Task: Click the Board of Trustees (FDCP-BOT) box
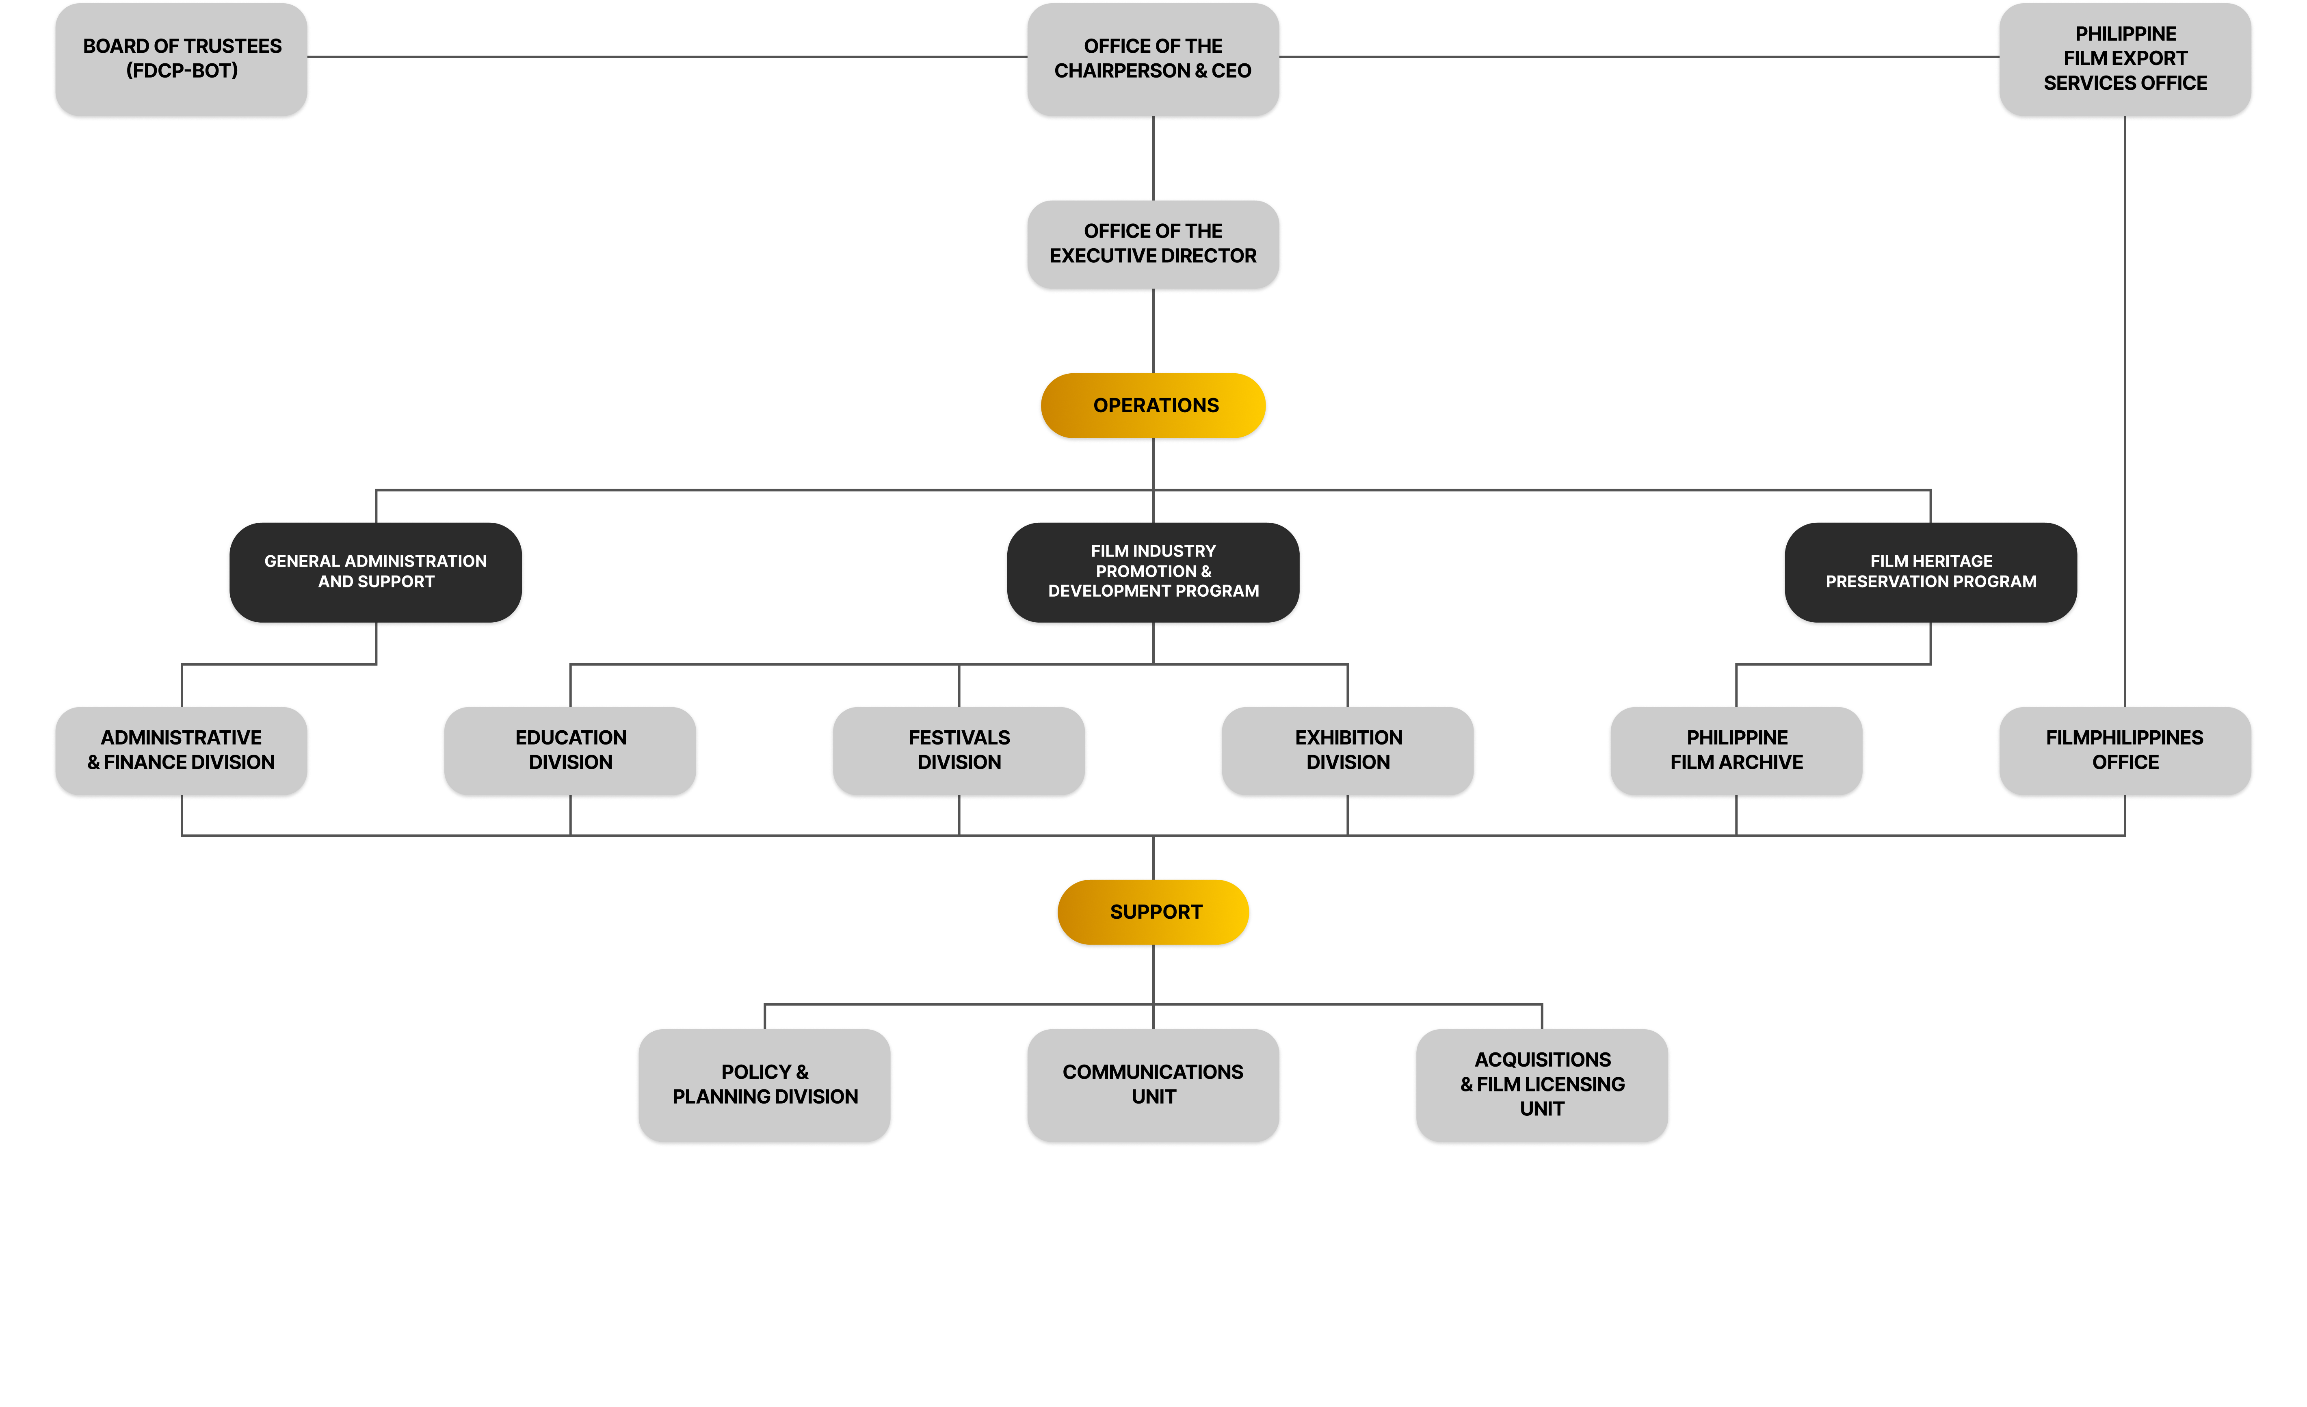click(x=182, y=59)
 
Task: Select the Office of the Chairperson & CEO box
click(x=1153, y=59)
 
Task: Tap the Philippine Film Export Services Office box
click(x=2124, y=59)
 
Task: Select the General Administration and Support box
click(x=375, y=572)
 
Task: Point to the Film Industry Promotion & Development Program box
click(x=1153, y=572)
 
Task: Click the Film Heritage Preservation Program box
click(x=1930, y=572)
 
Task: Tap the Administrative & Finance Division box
click(x=182, y=751)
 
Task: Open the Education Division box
click(x=570, y=751)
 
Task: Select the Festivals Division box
click(x=959, y=751)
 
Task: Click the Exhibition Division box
click(x=1347, y=751)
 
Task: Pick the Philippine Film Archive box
click(x=1736, y=751)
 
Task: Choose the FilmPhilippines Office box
click(x=2124, y=751)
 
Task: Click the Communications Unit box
click(x=1153, y=1085)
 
